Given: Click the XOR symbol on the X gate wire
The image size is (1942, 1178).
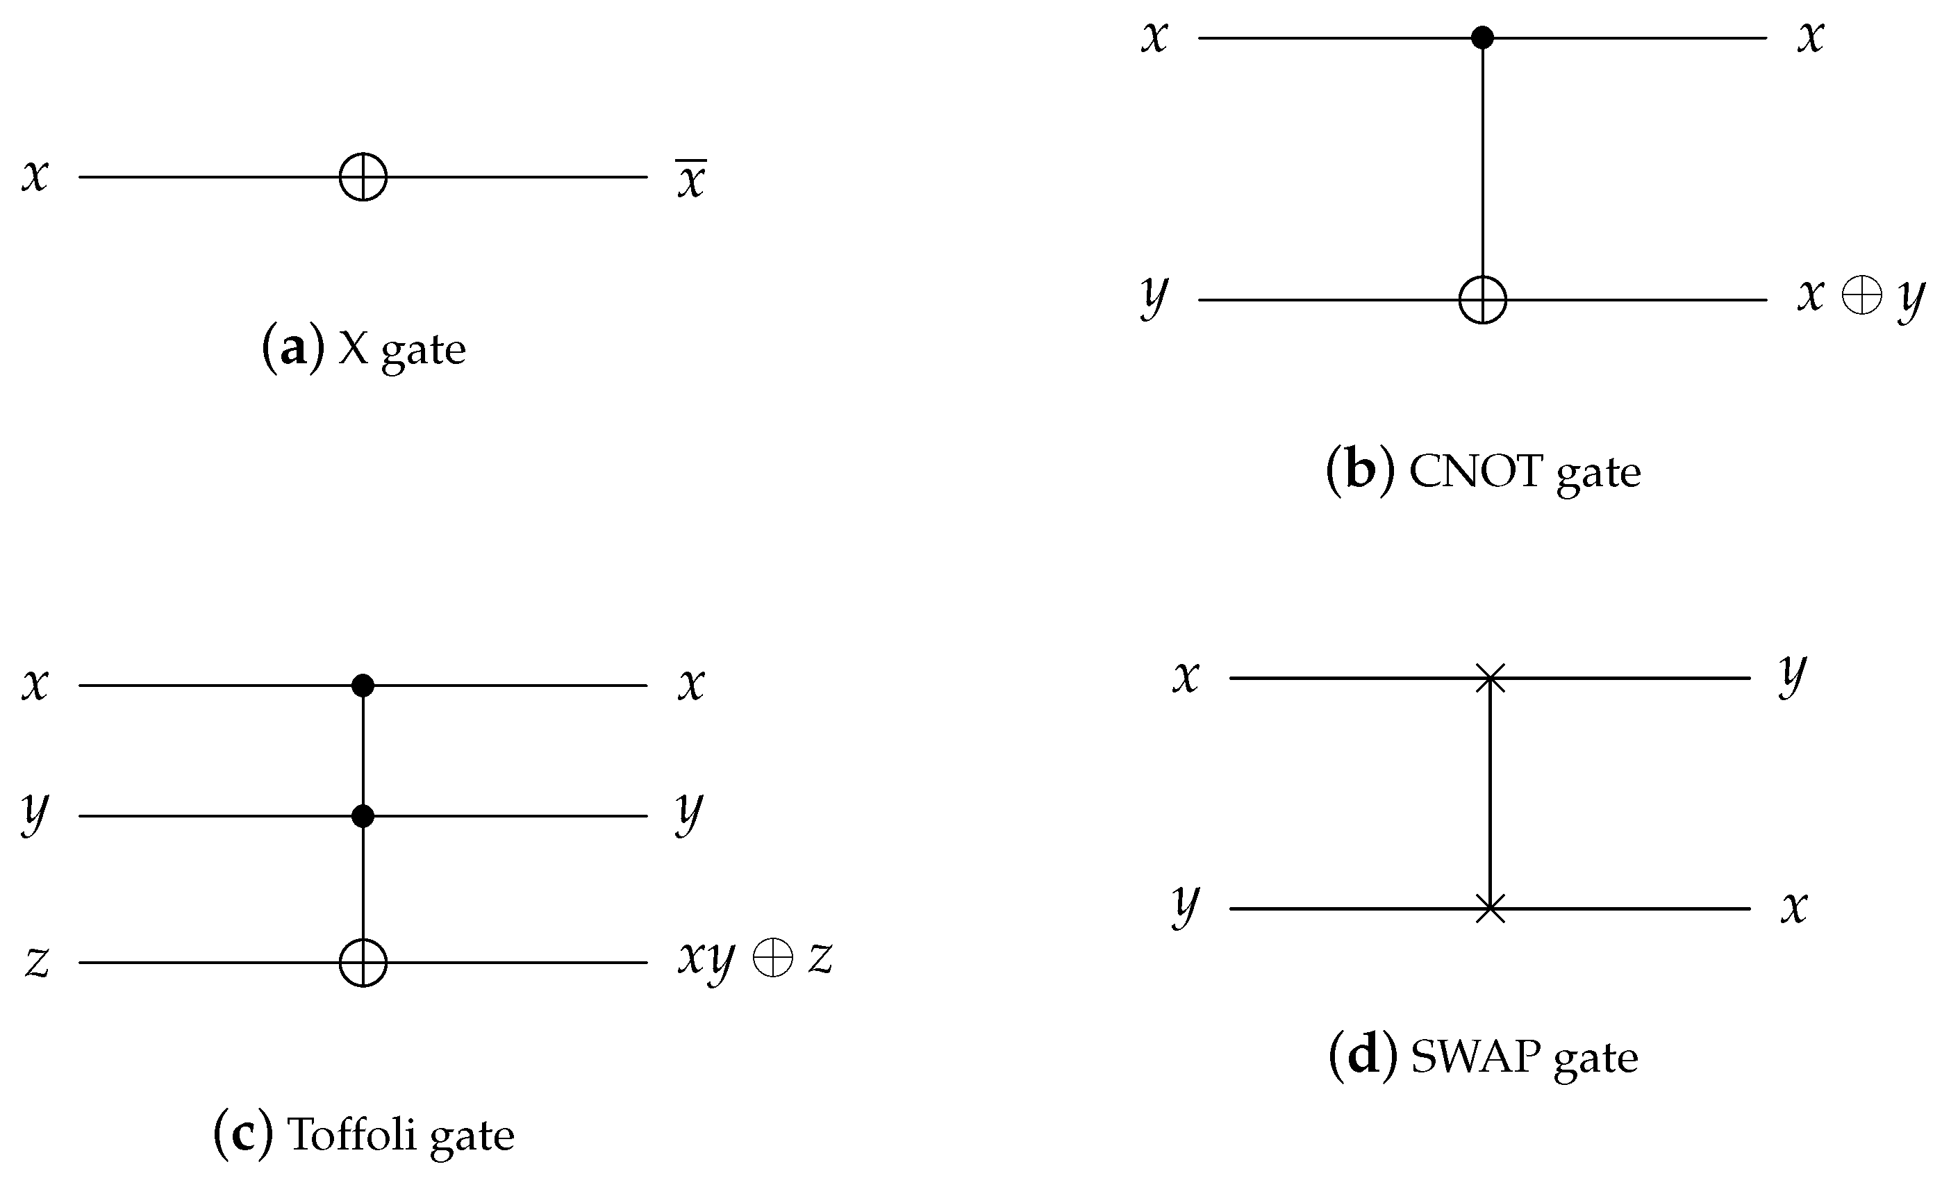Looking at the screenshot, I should coord(363,176).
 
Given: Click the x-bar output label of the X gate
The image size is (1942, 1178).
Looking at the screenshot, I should coord(691,179).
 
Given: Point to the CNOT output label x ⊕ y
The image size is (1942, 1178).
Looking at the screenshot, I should coord(1860,299).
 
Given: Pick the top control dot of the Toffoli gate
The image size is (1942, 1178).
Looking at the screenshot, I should coord(363,685).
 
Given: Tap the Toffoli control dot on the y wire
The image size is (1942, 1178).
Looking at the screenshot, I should coord(363,815).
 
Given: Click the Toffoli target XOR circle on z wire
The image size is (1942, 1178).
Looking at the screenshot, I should coord(363,962).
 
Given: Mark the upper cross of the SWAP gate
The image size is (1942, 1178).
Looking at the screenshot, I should coord(1490,678).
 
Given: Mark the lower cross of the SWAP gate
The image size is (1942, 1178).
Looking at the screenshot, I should coord(1490,909).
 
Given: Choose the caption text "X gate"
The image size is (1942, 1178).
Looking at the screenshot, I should coord(402,349).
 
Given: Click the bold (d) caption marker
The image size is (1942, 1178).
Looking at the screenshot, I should coord(1362,1056).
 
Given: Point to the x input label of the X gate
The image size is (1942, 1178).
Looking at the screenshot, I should coord(35,175).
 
